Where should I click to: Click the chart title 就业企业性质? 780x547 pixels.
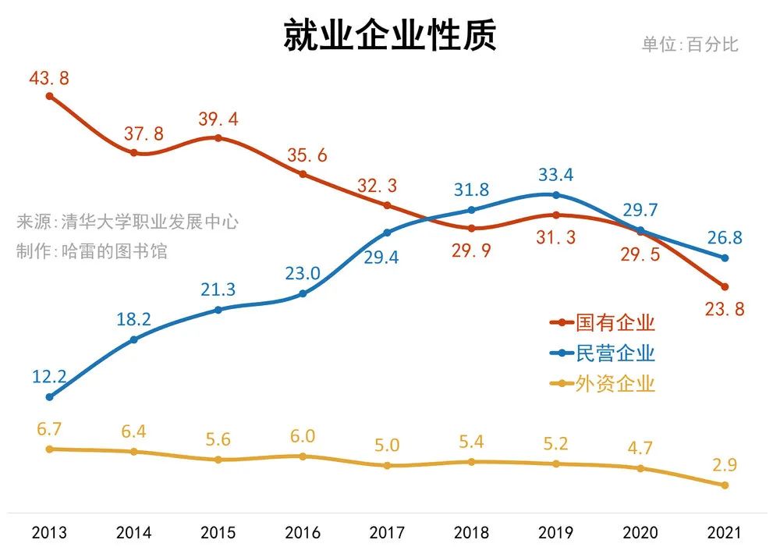(x=389, y=37)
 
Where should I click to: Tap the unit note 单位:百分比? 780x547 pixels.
(x=690, y=44)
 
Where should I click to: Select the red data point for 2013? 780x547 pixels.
(x=49, y=97)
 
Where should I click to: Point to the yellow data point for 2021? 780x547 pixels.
(x=725, y=485)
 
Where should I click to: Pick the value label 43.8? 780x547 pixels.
(x=49, y=78)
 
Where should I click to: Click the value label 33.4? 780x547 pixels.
(x=555, y=175)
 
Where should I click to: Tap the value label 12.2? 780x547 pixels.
(x=49, y=377)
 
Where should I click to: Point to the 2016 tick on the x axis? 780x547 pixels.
(x=303, y=533)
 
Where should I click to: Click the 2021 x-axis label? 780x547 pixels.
(x=724, y=533)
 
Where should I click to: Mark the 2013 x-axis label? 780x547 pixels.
(x=49, y=533)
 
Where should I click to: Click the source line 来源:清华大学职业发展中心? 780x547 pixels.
(x=127, y=222)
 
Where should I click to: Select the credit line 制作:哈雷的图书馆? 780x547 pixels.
(x=92, y=251)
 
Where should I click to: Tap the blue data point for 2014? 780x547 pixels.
(x=134, y=339)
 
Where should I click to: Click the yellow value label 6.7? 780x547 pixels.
(x=49, y=428)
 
